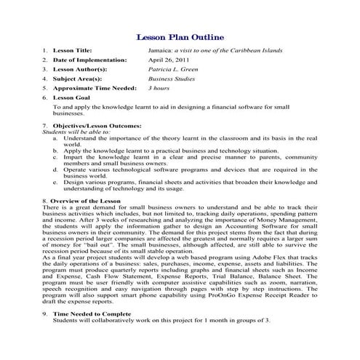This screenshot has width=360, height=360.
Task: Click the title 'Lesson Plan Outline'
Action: pos(180,37)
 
